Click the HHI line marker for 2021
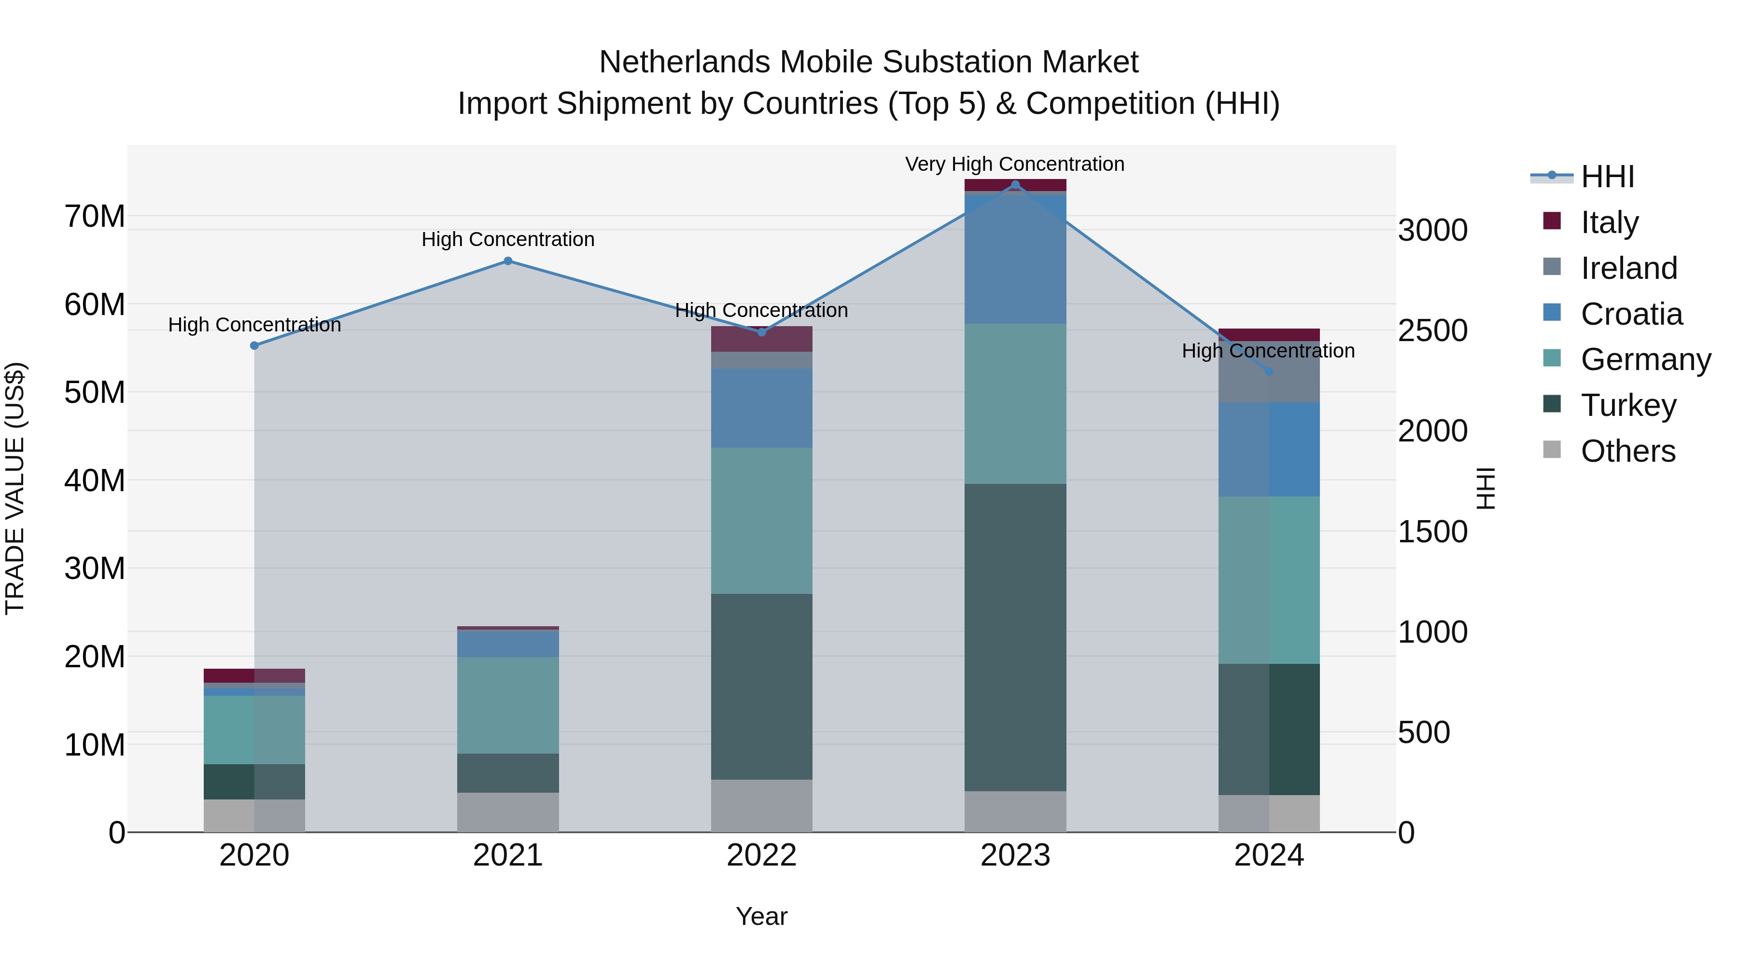(508, 261)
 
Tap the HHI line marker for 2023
(1015, 185)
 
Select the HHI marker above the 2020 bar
(254, 345)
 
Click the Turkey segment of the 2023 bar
(1015, 637)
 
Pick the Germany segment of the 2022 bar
(762, 521)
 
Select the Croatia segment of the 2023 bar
(1015, 260)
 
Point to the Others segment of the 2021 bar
(508, 812)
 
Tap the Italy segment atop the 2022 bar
(762, 339)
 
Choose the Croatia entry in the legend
(1631, 314)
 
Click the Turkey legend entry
(1628, 405)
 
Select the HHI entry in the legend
(1607, 177)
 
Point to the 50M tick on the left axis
(95, 392)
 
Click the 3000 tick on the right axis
(1432, 230)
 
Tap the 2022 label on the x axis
(762, 855)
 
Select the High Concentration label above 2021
(508, 239)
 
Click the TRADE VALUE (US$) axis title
(15, 488)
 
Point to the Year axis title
(762, 916)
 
